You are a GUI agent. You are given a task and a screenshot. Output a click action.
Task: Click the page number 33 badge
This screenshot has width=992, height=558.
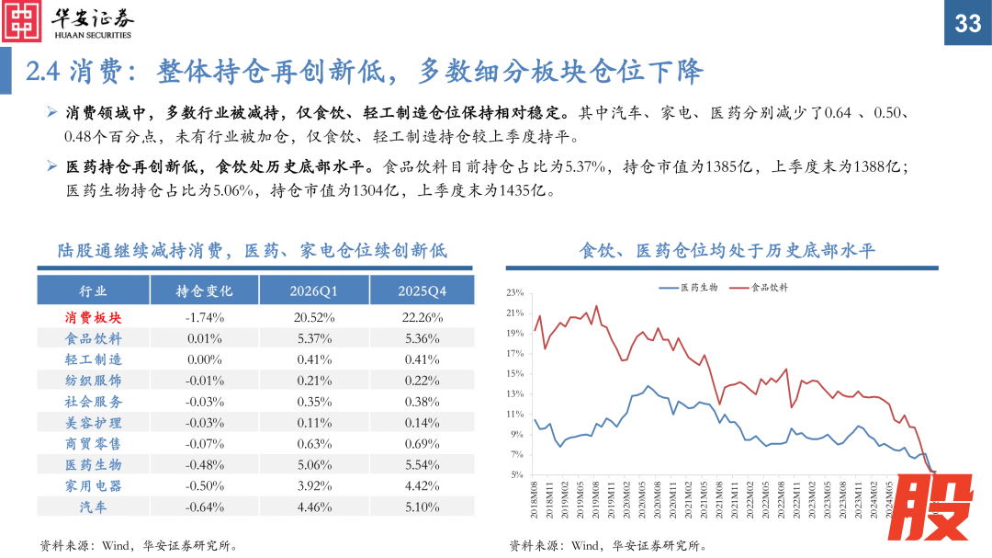click(968, 23)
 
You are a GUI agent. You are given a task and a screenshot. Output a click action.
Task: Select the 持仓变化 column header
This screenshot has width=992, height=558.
click(204, 290)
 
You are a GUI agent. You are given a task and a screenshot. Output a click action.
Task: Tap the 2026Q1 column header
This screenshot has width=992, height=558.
click(313, 290)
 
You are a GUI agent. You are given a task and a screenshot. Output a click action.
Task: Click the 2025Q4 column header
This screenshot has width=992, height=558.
click(422, 290)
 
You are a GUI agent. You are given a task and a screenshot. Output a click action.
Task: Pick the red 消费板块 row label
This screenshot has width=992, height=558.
click(93, 317)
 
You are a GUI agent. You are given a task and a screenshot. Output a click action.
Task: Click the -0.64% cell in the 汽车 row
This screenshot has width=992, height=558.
click(204, 507)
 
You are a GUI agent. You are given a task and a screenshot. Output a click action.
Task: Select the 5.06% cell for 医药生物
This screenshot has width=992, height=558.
click(313, 464)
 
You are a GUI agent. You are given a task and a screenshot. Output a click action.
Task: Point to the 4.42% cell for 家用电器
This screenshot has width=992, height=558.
click(422, 485)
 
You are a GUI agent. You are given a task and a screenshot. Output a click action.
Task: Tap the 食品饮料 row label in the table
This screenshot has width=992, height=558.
click(93, 338)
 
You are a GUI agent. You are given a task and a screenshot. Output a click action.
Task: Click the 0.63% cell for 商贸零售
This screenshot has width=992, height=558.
click(313, 443)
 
